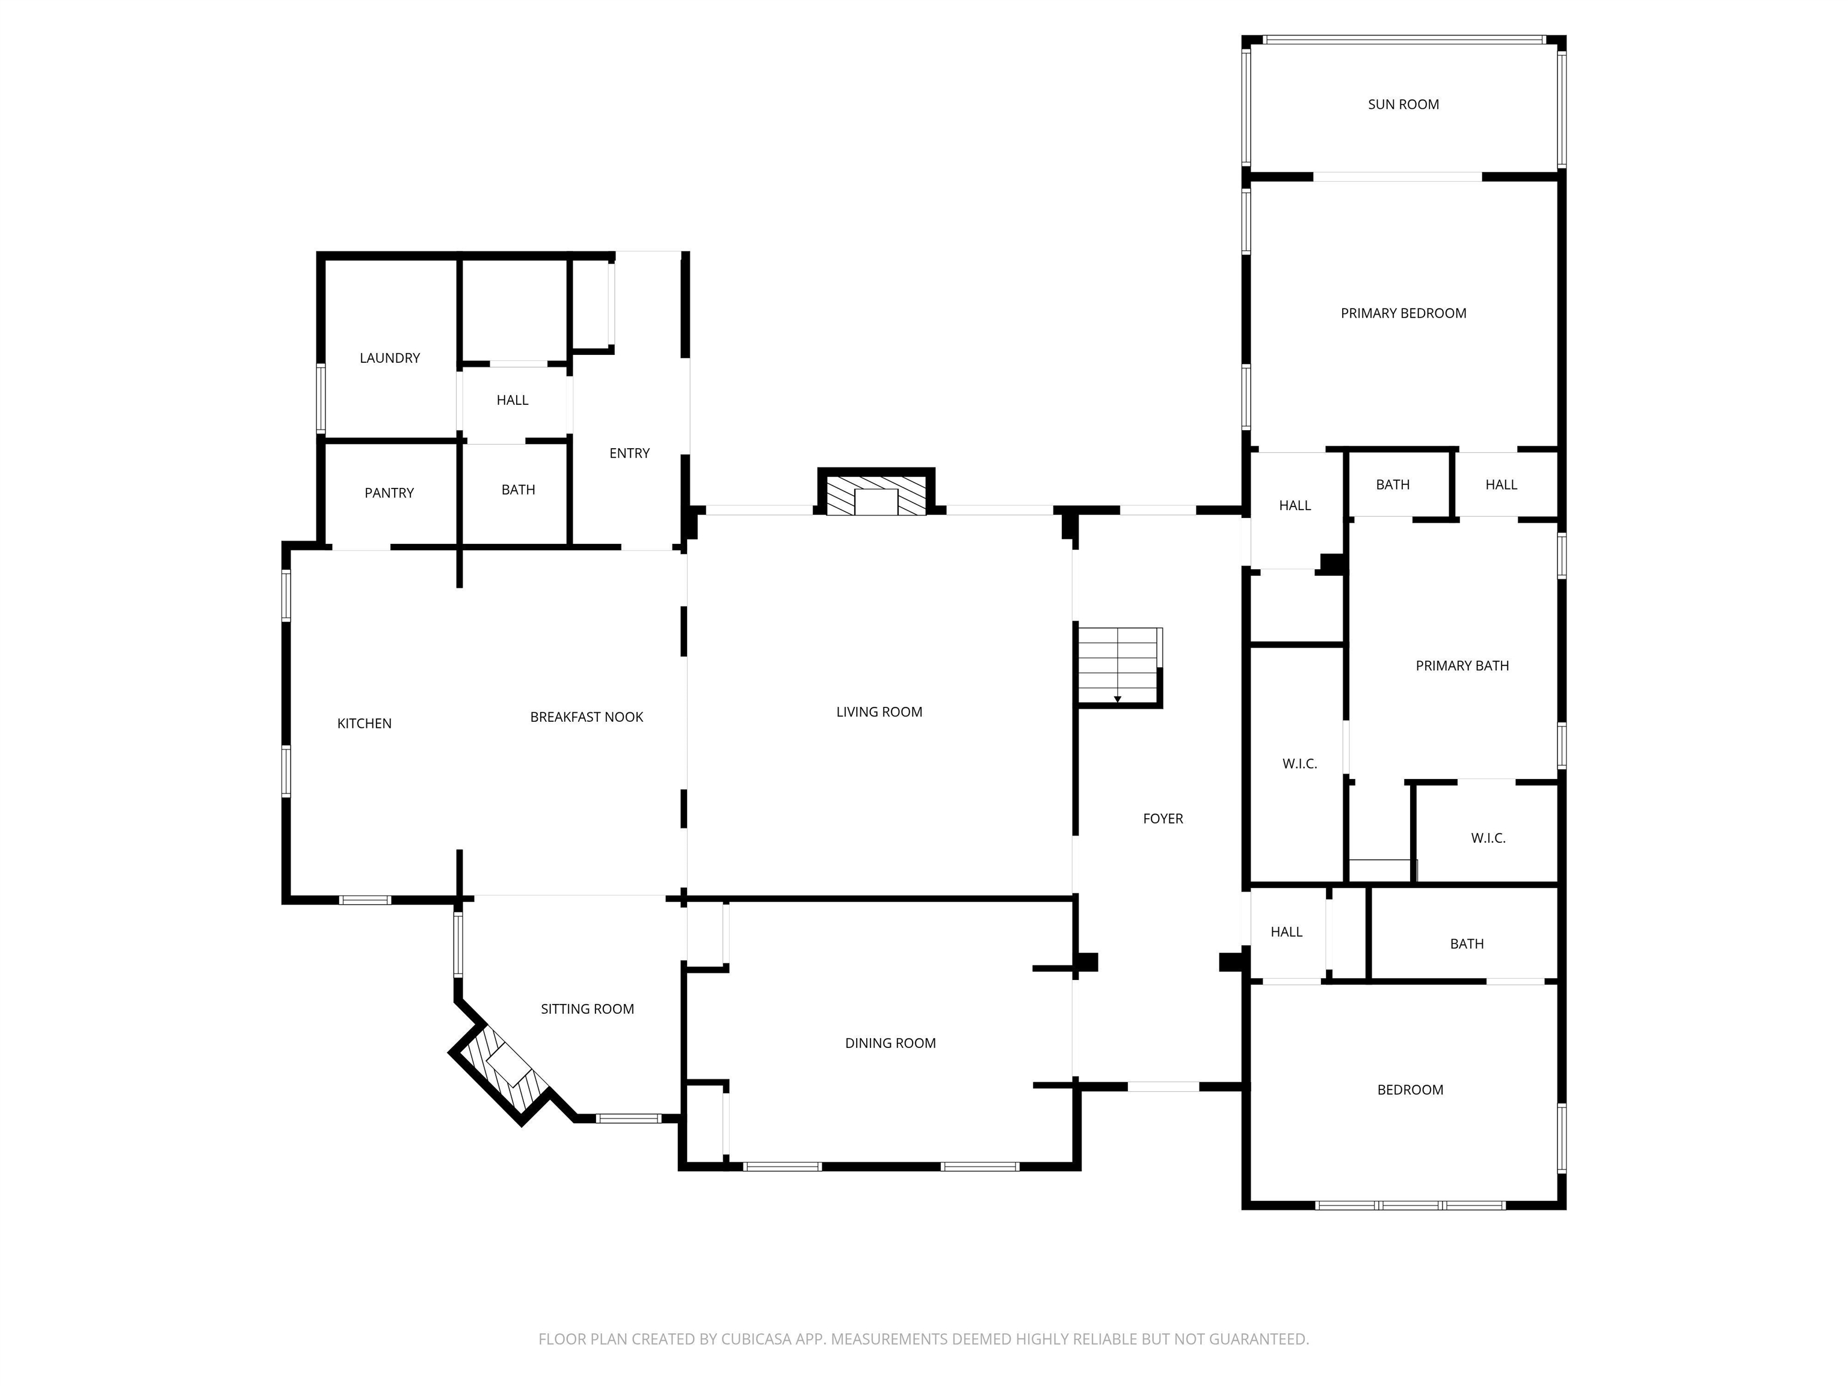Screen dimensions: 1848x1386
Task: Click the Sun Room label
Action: (x=1403, y=105)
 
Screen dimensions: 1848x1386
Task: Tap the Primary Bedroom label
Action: (x=1403, y=313)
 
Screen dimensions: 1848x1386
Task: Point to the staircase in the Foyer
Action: (x=1119, y=666)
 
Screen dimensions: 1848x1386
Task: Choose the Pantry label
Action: (x=389, y=493)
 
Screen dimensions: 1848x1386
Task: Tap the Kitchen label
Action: (x=365, y=724)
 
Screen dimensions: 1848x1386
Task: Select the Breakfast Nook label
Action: (x=587, y=717)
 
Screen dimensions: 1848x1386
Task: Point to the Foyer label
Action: (x=1163, y=819)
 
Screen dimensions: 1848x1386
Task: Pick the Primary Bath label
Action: (x=1462, y=666)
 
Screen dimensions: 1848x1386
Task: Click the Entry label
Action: (x=629, y=453)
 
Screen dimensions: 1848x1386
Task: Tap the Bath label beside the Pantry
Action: (x=518, y=490)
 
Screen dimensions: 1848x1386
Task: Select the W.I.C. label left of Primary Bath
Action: (x=1300, y=763)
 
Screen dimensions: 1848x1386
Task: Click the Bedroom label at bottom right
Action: (x=1410, y=1089)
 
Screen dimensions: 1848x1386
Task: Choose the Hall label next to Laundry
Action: (x=512, y=400)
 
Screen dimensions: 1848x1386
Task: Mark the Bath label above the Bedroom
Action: (x=1467, y=944)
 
